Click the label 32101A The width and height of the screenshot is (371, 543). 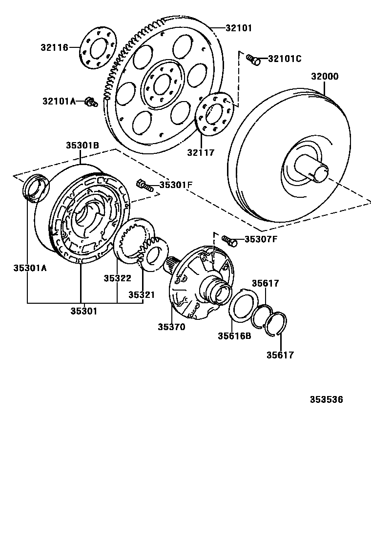[x=59, y=101]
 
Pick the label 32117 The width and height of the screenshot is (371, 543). [x=201, y=153]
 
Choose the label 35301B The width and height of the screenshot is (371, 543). [x=82, y=145]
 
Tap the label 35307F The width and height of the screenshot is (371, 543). [x=261, y=239]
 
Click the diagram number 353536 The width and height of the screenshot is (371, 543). [x=326, y=399]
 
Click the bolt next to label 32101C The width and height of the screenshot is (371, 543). [x=252, y=59]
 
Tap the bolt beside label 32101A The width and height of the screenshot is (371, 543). [x=90, y=102]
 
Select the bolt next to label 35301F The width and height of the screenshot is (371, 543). [x=145, y=185]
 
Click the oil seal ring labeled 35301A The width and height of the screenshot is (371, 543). [x=37, y=187]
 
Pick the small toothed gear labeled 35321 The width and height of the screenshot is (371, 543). [x=152, y=252]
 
